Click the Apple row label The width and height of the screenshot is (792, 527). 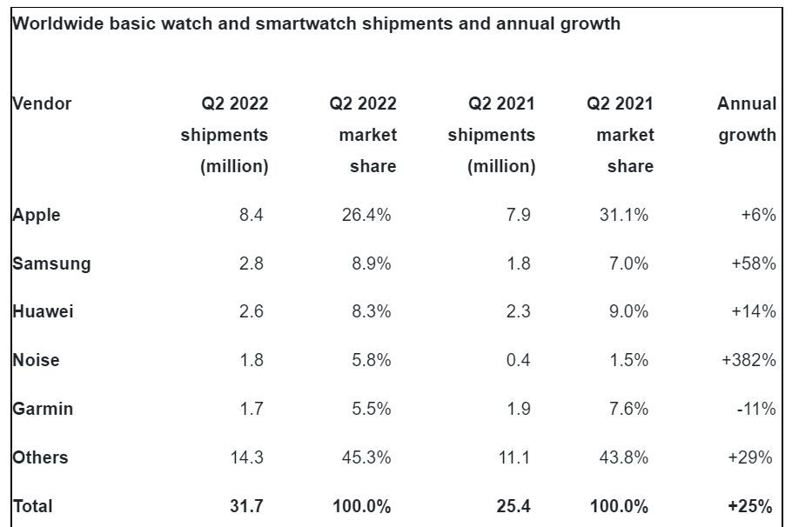point(37,215)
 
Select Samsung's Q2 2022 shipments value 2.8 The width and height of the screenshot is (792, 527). point(251,263)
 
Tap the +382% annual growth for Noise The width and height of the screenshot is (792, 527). point(748,360)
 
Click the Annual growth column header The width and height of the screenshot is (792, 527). point(747,119)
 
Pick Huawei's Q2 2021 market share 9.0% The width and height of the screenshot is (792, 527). point(628,311)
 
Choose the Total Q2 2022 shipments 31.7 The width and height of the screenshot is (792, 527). point(251,505)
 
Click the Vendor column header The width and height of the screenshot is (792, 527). point(42,103)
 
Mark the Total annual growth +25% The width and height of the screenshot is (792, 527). point(754,505)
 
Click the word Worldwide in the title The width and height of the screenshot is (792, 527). point(58,24)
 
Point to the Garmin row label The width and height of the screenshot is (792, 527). point(43,408)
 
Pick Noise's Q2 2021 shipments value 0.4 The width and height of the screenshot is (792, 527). point(518,360)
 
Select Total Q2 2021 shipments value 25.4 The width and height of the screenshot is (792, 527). point(513,505)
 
